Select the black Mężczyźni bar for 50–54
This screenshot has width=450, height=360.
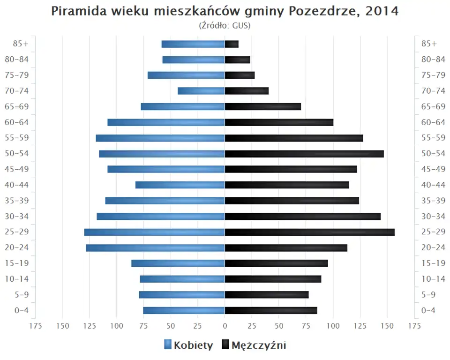point(304,154)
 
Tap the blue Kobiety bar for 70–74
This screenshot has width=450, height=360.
point(201,91)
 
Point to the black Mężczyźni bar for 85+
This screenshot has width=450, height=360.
point(232,44)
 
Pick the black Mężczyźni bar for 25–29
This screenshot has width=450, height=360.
point(309,232)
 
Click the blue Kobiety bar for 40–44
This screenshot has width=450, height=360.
point(180,185)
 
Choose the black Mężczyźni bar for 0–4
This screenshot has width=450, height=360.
point(271,310)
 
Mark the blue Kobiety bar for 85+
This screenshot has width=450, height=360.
point(193,44)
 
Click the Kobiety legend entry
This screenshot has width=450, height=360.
point(188,345)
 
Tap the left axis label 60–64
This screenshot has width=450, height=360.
point(17,122)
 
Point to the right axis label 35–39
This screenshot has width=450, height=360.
point(433,201)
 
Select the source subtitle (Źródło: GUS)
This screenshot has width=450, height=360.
point(225,25)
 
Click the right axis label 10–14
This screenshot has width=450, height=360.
point(433,279)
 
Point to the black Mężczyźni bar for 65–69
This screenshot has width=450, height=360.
point(263,107)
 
